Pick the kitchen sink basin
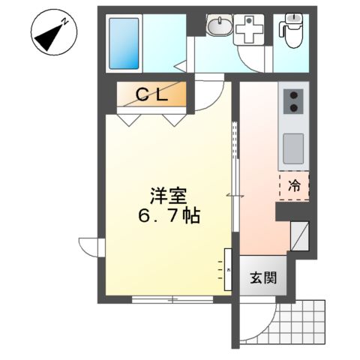point(292,142)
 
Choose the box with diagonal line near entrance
point(298,236)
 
